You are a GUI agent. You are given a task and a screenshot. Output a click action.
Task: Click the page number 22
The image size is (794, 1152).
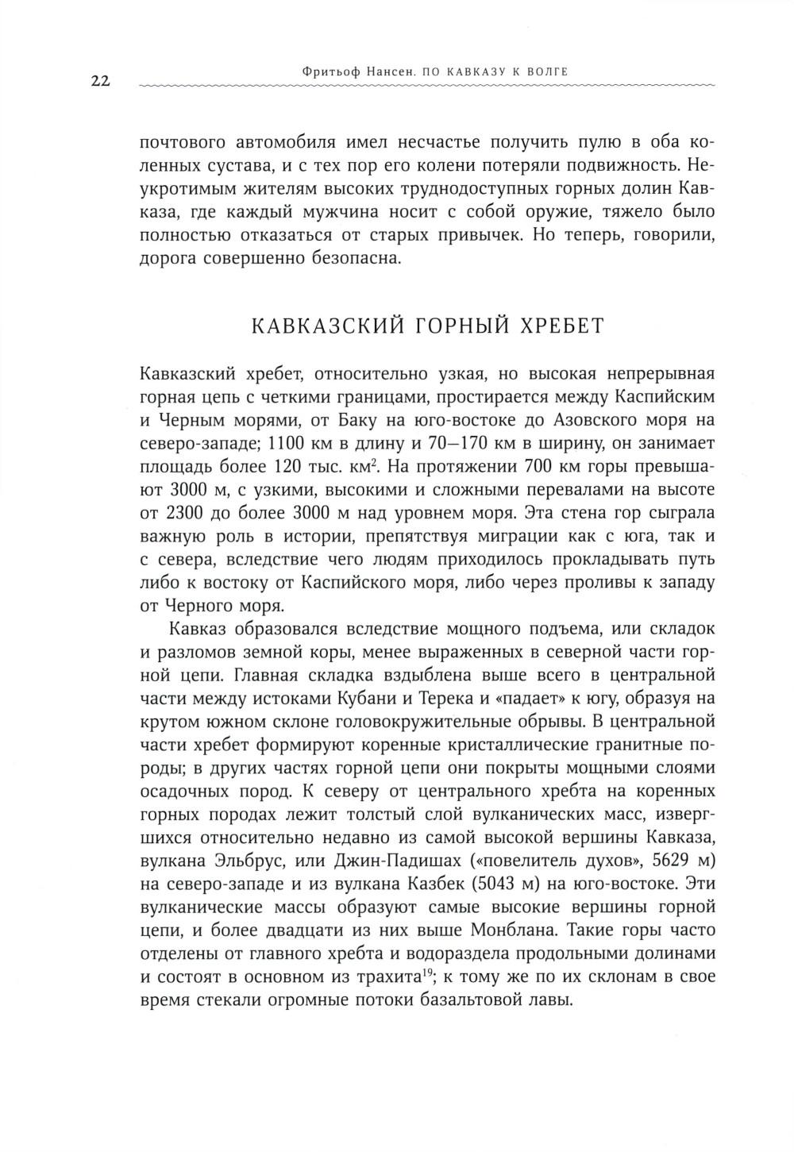coord(99,80)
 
